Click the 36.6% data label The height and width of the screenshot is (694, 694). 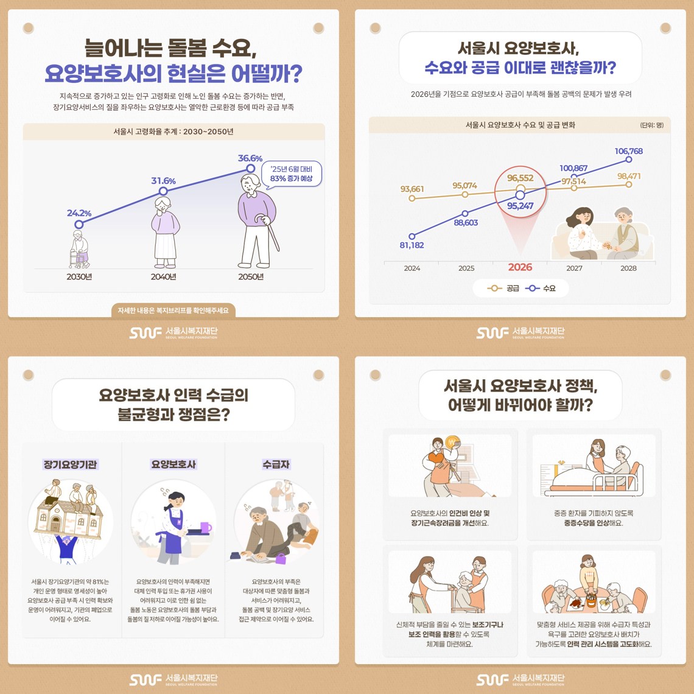[x=250, y=158]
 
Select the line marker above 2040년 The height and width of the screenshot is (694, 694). [x=163, y=191]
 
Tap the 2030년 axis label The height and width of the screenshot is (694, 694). [x=79, y=276]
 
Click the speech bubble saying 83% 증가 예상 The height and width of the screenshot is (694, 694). [x=291, y=173]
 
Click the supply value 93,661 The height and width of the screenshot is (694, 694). [x=412, y=189]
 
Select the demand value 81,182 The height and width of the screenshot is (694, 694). [x=412, y=245]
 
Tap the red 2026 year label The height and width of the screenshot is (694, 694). [x=520, y=267]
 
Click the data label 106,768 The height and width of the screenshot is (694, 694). [x=628, y=151]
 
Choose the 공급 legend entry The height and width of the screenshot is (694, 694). [x=503, y=288]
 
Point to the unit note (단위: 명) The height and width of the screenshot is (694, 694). [x=652, y=125]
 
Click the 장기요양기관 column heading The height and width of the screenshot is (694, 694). [x=70, y=464]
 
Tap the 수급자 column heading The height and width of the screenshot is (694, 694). [x=276, y=464]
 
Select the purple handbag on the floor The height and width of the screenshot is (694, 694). [x=281, y=559]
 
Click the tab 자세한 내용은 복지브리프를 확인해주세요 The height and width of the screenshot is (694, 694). [x=173, y=310]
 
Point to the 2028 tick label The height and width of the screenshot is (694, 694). [x=628, y=268]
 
